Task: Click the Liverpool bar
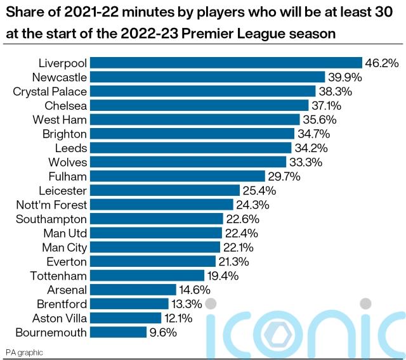coord(226,63)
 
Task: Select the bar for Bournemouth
coord(119,332)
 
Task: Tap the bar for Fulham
coord(177,176)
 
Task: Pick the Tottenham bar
coord(147,276)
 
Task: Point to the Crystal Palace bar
coord(202,91)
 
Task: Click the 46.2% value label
coord(381,63)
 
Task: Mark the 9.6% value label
coord(162,332)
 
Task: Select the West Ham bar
coord(195,119)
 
